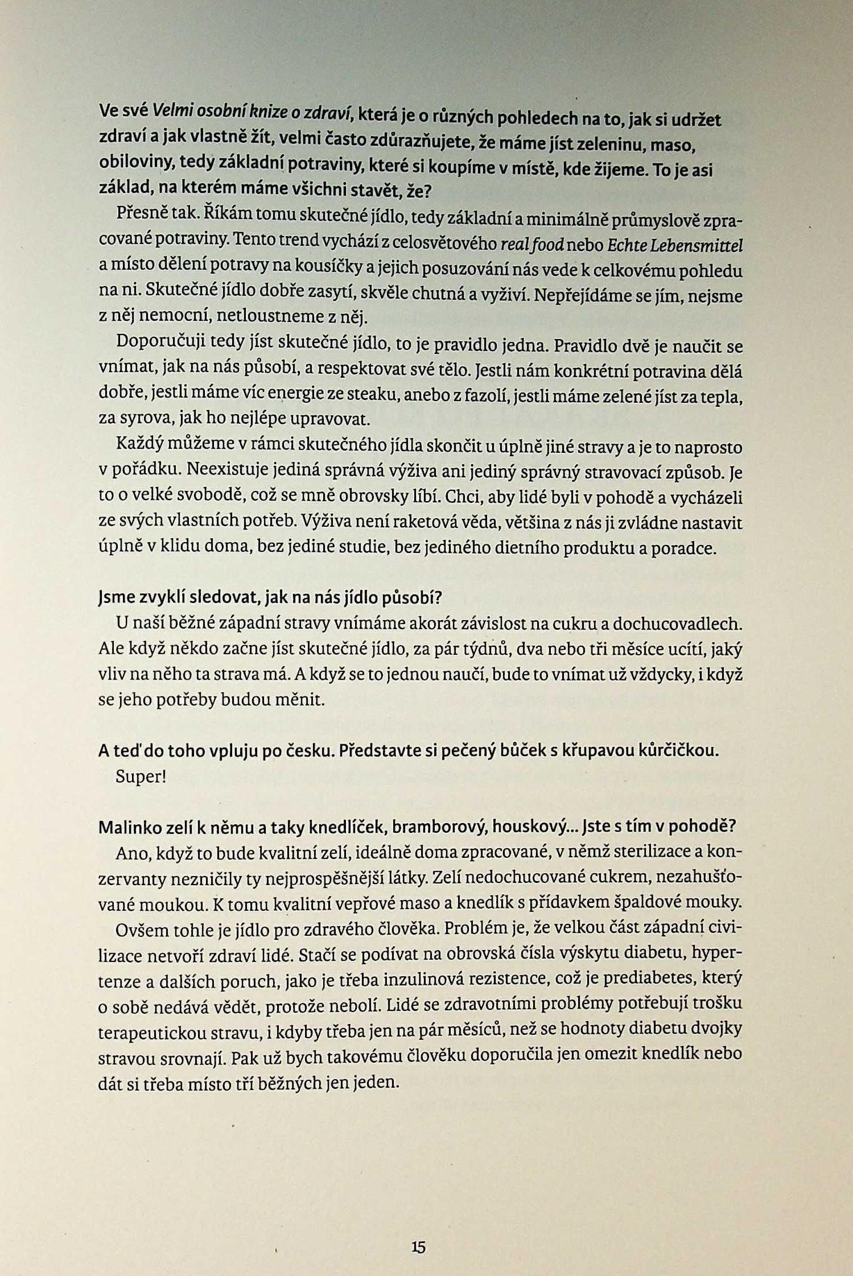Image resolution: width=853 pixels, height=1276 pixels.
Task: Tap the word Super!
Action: click(x=141, y=777)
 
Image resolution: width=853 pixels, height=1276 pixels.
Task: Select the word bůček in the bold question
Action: click(x=517, y=751)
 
